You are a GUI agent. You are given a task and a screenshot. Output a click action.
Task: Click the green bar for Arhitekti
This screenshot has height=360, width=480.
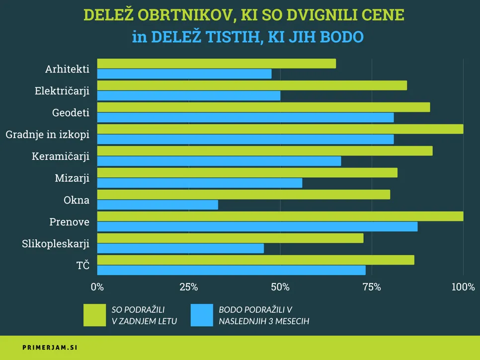pyautogui.click(x=216, y=64)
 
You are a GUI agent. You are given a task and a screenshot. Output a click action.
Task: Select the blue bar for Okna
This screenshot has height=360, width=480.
pyautogui.click(x=158, y=205)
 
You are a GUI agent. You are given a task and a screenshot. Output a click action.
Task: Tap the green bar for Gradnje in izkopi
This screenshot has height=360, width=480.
pyautogui.click(x=280, y=129)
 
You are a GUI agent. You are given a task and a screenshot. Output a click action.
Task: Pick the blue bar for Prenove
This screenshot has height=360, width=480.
pyautogui.click(x=257, y=226)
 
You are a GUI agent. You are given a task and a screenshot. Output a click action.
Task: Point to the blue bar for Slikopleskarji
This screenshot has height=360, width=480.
pyautogui.click(x=180, y=248)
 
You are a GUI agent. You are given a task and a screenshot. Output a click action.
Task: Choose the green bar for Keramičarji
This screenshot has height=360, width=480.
pyautogui.click(x=264, y=151)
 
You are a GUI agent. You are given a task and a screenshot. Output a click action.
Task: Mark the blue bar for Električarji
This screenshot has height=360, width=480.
pyautogui.click(x=188, y=95)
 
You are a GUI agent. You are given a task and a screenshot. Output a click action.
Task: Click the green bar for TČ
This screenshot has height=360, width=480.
pyautogui.click(x=255, y=260)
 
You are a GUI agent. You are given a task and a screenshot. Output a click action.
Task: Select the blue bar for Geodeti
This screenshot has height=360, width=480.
pyautogui.click(x=245, y=117)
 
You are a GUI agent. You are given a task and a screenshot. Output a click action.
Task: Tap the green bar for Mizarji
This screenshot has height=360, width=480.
pyautogui.click(x=247, y=173)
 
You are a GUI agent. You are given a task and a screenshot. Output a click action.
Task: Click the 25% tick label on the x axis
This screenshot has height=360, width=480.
pyautogui.click(x=188, y=287)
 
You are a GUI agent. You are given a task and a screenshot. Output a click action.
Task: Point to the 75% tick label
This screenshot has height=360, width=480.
pyautogui.click(x=372, y=287)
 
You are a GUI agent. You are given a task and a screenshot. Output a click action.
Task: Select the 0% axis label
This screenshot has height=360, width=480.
pyautogui.click(x=97, y=287)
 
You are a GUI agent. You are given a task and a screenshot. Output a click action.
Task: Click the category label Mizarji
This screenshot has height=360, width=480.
pyautogui.click(x=72, y=178)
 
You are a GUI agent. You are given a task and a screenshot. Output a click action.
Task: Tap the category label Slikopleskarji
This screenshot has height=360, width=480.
pyautogui.click(x=56, y=244)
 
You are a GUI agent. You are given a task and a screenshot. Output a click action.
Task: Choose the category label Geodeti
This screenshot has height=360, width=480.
pyautogui.click(x=71, y=113)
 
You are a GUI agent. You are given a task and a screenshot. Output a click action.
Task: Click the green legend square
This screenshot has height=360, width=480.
pyautogui.click(x=94, y=315)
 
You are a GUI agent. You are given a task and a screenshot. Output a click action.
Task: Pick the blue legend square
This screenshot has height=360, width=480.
pyautogui.click(x=202, y=315)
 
